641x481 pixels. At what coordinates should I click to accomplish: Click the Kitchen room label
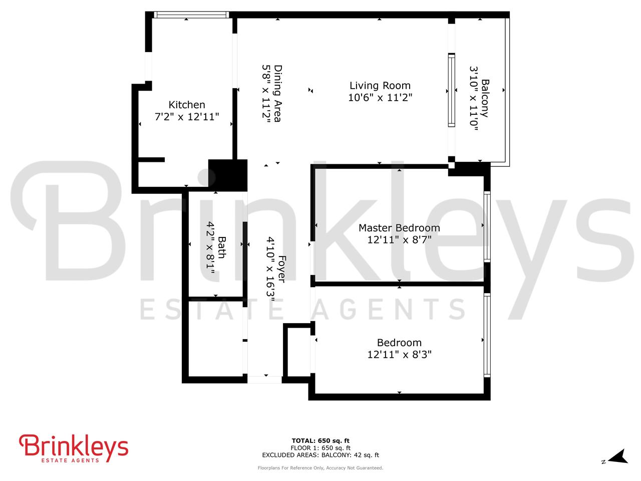pyautogui.click(x=187, y=105)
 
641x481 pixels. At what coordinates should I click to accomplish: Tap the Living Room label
pyautogui.click(x=380, y=86)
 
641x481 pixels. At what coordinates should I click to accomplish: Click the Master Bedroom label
pyautogui.click(x=399, y=228)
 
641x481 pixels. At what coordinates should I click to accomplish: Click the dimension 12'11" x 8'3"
pyautogui.click(x=399, y=355)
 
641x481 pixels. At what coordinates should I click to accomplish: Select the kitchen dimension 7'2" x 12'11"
pyautogui.click(x=187, y=117)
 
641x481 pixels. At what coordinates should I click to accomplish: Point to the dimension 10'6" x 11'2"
pyautogui.click(x=380, y=98)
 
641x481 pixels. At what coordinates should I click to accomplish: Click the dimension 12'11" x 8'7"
pyautogui.click(x=399, y=240)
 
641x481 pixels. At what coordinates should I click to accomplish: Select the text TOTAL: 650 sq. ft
pyautogui.click(x=320, y=441)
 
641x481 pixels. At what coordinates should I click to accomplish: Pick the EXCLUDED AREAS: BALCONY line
pyautogui.click(x=320, y=455)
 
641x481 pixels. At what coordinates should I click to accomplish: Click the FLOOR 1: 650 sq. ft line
pyautogui.click(x=320, y=448)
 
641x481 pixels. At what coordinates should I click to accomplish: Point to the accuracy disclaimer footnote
pyautogui.click(x=320, y=468)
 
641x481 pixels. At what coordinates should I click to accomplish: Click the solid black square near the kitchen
pyautogui.click(x=227, y=175)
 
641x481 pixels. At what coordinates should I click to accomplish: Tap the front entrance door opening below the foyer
pyautogui.click(x=265, y=379)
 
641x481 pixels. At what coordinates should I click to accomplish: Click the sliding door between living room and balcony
pyautogui.click(x=451, y=90)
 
